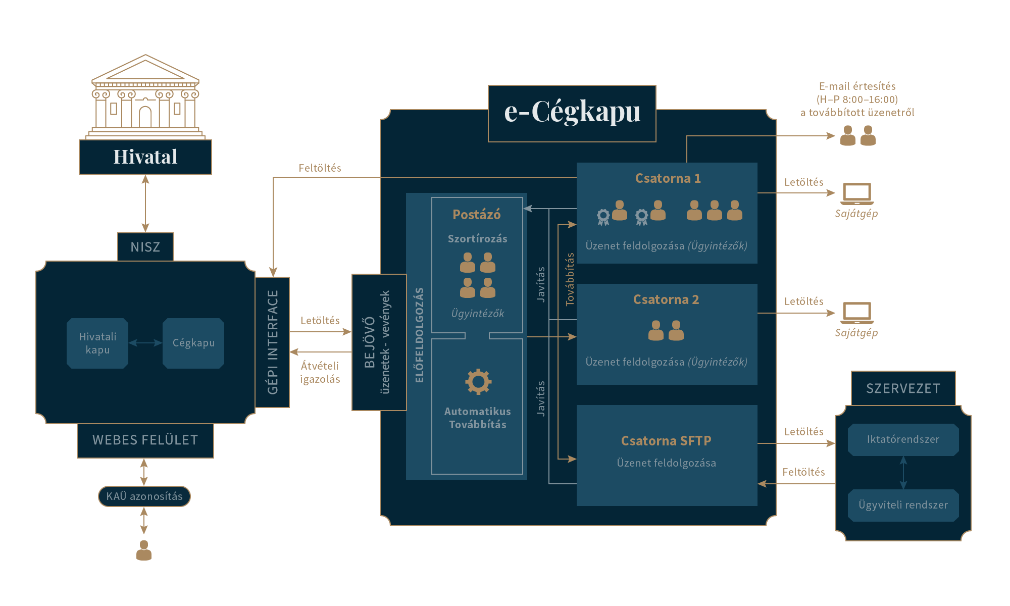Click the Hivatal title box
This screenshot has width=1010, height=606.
tap(145, 157)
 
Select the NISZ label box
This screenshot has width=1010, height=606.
tap(145, 247)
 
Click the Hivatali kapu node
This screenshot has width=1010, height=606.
tap(97, 343)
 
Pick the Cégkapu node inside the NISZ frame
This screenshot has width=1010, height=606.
tap(193, 343)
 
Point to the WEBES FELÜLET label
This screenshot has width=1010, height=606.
tap(145, 440)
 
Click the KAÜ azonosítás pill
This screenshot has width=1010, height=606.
tap(144, 496)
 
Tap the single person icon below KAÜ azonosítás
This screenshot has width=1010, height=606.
tap(144, 550)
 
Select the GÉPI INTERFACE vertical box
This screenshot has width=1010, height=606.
tap(273, 342)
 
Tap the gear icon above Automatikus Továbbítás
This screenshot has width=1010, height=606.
tap(478, 382)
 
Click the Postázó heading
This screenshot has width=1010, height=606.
tap(477, 215)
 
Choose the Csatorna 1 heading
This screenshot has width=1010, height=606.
tap(668, 178)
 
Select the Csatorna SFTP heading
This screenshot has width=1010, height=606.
tap(666, 441)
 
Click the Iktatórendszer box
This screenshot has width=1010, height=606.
tap(903, 439)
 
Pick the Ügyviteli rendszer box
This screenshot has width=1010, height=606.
tap(903, 505)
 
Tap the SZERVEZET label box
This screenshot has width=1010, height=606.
tap(903, 388)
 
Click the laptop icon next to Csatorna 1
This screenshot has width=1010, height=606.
tap(857, 193)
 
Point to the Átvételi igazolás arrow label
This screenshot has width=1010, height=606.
tap(320, 372)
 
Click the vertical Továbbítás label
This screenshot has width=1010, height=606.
tap(570, 279)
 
